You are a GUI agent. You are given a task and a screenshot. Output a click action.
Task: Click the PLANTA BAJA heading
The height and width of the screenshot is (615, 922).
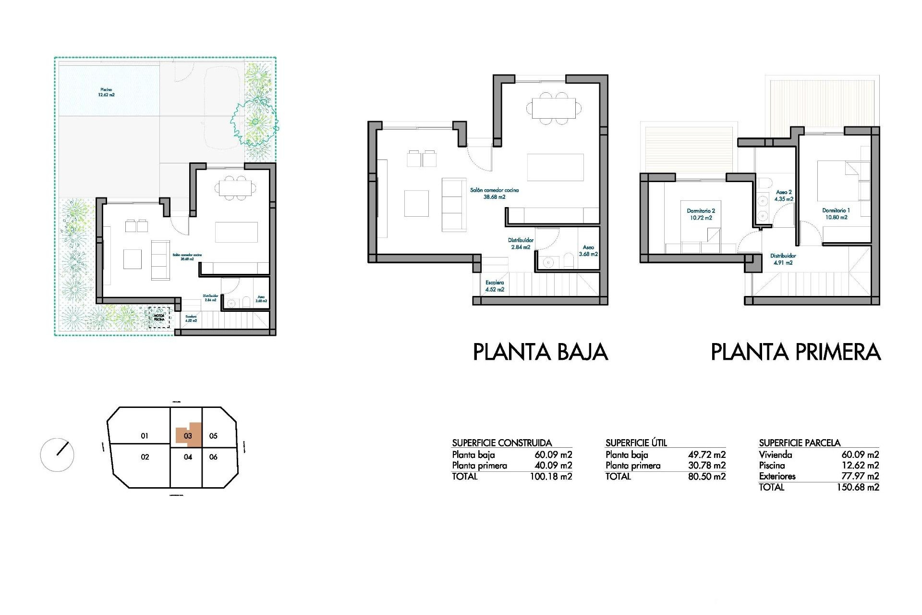click(x=540, y=352)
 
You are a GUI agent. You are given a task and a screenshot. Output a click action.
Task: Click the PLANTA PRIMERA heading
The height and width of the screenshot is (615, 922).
click(x=795, y=352)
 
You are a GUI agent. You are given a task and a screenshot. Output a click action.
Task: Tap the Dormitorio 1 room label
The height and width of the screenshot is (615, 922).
click(x=836, y=214)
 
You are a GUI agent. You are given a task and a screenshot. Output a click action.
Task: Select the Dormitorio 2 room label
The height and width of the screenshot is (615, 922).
click(x=701, y=214)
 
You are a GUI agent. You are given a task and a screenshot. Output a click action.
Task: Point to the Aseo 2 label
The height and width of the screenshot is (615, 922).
click(x=784, y=196)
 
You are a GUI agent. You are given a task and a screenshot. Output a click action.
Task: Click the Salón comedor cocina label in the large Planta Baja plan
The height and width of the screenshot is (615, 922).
click(x=494, y=193)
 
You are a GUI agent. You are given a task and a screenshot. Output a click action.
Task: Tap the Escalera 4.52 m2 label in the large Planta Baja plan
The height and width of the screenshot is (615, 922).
click(x=495, y=286)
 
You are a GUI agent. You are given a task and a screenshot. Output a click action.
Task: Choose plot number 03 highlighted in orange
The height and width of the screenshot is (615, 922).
click(x=188, y=436)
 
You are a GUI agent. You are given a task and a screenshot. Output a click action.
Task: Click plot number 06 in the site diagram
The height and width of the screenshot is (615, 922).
click(x=213, y=457)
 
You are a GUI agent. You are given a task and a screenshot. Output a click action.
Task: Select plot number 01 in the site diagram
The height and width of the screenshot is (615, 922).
click(x=145, y=436)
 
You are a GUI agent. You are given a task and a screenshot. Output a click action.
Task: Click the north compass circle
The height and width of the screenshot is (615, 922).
click(x=57, y=455)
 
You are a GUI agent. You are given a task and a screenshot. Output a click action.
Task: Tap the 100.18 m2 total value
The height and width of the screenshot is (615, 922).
click(x=551, y=477)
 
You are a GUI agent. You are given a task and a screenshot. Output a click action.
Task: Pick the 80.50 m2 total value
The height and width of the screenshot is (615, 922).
click(x=706, y=477)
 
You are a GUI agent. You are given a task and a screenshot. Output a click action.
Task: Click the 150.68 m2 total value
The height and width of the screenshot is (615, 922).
click(x=858, y=487)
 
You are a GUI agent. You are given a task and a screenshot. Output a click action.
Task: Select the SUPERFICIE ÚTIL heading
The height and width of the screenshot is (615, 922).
click(x=636, y=443)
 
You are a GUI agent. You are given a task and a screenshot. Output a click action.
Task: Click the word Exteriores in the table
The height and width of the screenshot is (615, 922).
click(x=777, y=476)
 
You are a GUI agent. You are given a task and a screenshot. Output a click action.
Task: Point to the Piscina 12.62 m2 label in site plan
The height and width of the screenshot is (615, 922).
click(x=106, y=92)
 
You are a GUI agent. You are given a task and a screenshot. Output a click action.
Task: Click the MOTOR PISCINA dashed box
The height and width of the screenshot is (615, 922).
click(x=159, y=318)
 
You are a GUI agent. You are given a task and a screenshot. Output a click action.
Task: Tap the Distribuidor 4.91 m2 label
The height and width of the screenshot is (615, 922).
click(x=783, y=259)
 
